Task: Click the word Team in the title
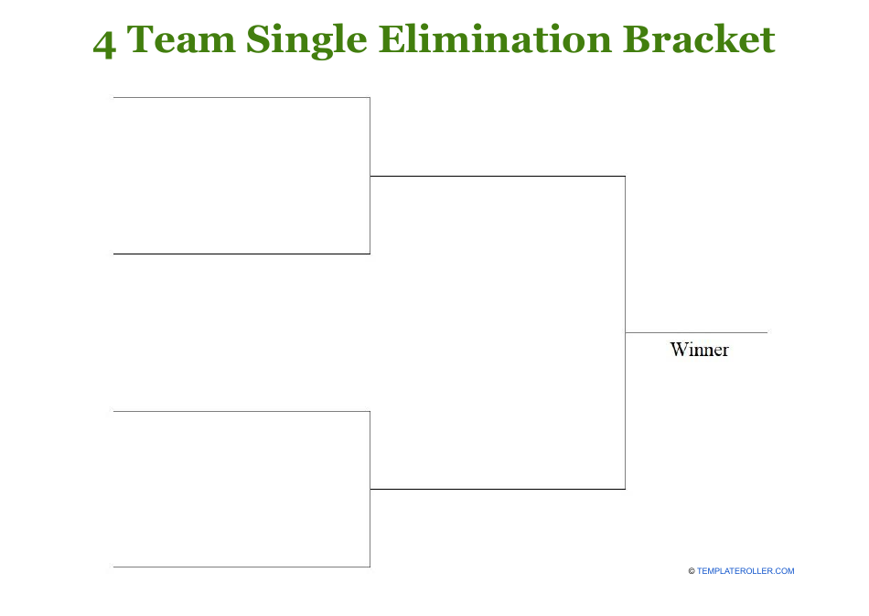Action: click(181, 40)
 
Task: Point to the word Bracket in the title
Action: click(699, 40)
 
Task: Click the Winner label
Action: click(699, 350)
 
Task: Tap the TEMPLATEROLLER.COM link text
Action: click(746, 571)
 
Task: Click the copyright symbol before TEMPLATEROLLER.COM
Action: click(692, 571)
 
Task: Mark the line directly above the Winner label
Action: click(696, 332)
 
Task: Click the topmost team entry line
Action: click(241, 97)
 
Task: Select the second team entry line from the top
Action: click(241, 254)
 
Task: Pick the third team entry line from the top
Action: click(241, 411)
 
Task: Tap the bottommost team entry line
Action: click(241, 567)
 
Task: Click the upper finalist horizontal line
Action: click(497, 176)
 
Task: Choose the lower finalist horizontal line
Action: click(497, 489)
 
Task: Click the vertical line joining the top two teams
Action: click(370, 176)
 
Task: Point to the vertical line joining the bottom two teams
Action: click(370, 489)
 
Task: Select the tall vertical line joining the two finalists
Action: click(625, 332)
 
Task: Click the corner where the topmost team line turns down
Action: click(370, 97)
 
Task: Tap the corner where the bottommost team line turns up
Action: click(370, 567)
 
